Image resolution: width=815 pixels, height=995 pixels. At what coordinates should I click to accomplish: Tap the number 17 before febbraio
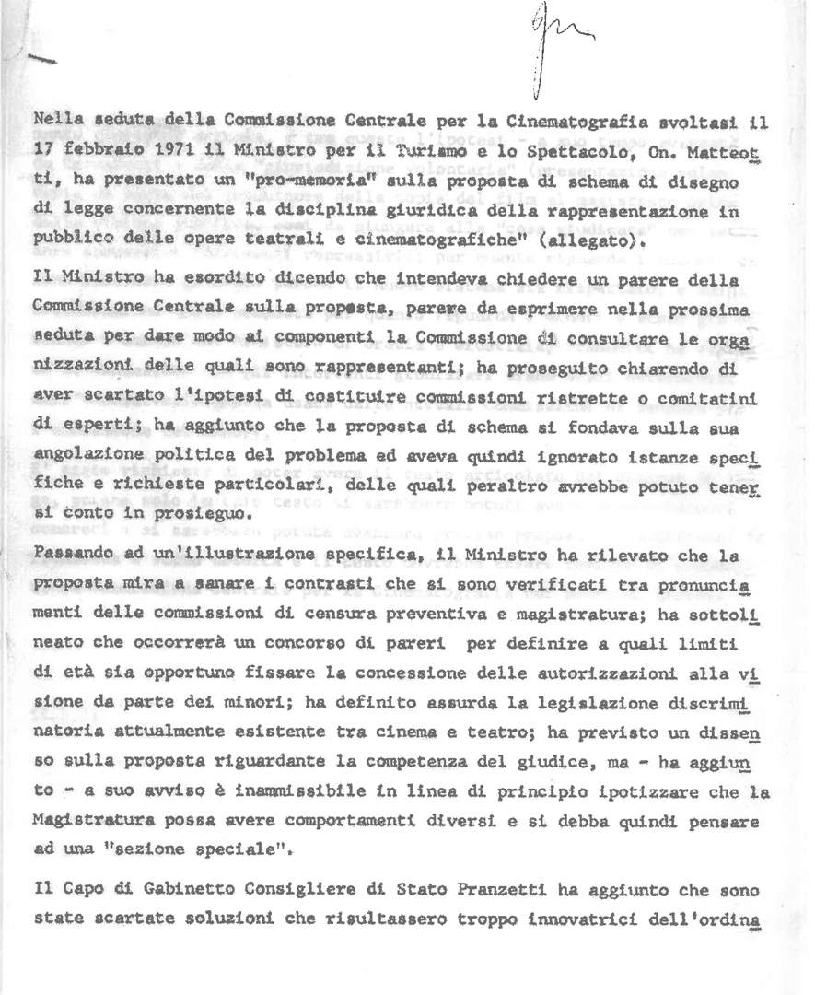[44, 146]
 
